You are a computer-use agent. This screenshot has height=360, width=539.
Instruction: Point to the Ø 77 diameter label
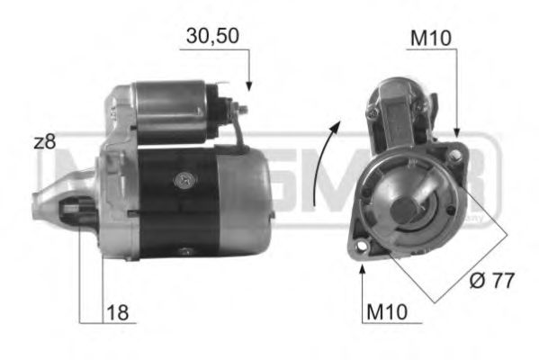tap(491, 281)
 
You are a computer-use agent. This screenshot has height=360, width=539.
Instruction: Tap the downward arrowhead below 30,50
tap(249, 85)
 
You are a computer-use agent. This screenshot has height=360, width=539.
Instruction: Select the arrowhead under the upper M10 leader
tap(458, 133)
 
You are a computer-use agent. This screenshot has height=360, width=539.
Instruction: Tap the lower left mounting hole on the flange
tap(363, 245)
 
